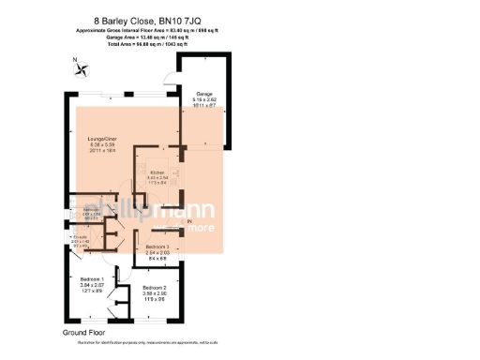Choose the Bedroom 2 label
coord(155,287)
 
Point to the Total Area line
coord(156,43)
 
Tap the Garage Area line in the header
coord(156,37)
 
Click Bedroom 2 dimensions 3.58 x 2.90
coord(155,293)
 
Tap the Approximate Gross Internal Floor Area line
coord(156,30)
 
